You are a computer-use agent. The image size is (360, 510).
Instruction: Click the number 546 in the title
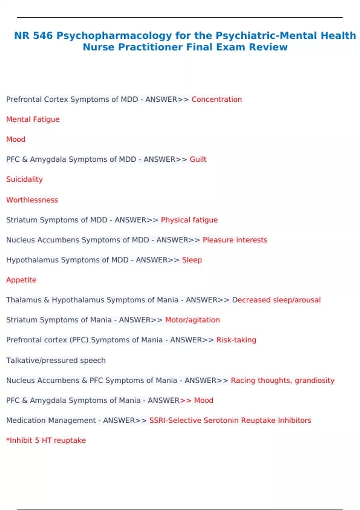[x=43, y=36]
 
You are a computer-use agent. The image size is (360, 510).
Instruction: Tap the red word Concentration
[x=217, y=100]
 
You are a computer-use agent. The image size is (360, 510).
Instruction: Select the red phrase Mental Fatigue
[x=33, y=119]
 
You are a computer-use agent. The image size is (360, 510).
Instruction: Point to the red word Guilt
[x=198, y=159]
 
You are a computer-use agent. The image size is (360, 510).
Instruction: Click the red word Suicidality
[x=25, y=179]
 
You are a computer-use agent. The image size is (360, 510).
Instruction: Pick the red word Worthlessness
[x=32, y=200]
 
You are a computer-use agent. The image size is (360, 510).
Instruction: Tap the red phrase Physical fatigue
[x=189, y=220]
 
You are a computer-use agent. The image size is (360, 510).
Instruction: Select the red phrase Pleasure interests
[x=235, y=240]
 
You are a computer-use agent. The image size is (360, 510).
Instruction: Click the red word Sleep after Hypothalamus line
[x=192, y=260]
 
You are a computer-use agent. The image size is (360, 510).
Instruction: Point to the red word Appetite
[x=21, y=280]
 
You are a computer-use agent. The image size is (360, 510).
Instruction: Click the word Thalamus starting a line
[x=24, y=300]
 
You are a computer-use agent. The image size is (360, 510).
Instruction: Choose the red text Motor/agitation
[x=192, y=320]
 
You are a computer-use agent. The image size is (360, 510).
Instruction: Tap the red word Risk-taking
[x=236, y=340]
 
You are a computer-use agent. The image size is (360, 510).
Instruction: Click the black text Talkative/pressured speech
[x=56, y=360]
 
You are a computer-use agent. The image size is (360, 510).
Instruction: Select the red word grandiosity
[x=314, y=380]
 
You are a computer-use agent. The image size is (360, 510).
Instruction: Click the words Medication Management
[x=51, y=420]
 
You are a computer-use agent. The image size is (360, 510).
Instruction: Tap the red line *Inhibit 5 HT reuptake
[x=46, y=440]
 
